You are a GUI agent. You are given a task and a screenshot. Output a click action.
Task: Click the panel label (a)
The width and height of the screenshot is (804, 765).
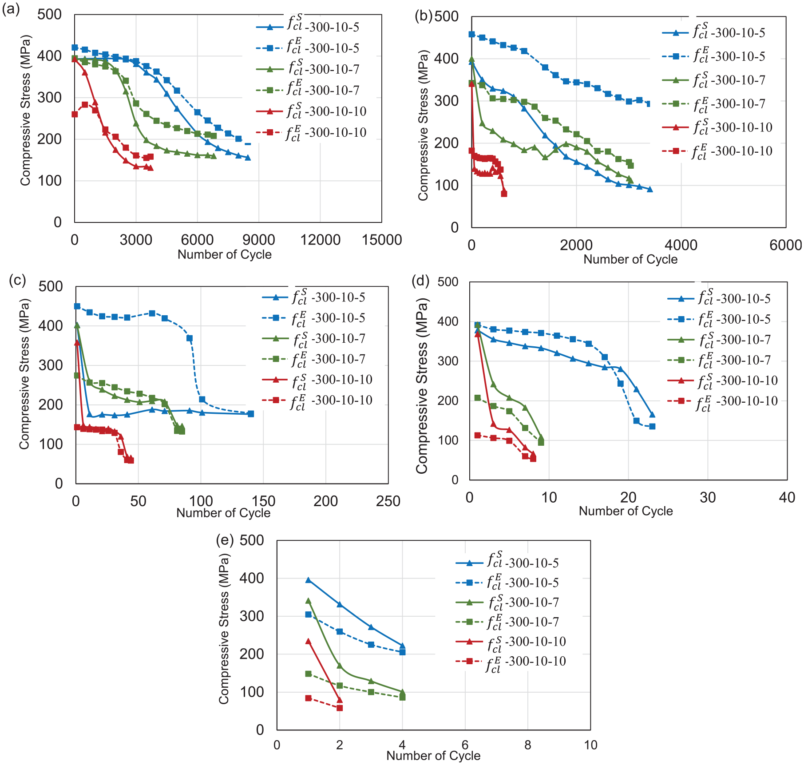11,9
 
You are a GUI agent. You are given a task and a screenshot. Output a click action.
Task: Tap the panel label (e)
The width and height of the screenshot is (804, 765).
225,539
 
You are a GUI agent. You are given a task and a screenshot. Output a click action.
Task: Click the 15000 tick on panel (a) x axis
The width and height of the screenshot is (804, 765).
382,240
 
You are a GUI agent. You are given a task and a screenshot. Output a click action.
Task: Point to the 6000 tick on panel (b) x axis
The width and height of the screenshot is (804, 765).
785,245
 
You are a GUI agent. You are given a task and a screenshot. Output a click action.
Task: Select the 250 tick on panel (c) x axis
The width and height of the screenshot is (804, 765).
388,501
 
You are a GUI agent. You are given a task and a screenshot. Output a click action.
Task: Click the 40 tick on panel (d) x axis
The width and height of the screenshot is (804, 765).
787,497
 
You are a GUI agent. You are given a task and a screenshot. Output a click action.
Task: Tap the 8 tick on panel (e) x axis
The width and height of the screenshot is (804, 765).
527,745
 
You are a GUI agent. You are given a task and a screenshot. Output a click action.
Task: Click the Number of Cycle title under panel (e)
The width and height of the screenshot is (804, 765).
433,756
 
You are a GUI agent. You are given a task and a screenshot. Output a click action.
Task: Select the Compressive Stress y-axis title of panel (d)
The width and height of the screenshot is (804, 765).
422,385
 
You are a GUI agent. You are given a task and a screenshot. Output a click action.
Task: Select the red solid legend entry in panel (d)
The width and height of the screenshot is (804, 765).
723,381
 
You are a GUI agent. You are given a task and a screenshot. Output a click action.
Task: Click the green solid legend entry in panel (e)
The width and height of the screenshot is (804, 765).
507,602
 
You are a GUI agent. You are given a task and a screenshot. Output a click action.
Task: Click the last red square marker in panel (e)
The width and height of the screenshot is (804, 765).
340,708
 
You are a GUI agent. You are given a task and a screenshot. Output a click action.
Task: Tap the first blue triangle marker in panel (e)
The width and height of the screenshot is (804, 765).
308,580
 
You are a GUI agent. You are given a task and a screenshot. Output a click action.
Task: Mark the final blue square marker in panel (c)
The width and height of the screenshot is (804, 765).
251,414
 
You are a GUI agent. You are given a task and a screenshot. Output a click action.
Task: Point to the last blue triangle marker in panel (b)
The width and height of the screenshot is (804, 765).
650,189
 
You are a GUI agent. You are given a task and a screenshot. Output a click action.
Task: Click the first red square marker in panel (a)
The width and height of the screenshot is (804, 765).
75,114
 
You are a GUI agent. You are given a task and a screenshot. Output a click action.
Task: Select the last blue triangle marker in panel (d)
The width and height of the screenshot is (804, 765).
652,415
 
